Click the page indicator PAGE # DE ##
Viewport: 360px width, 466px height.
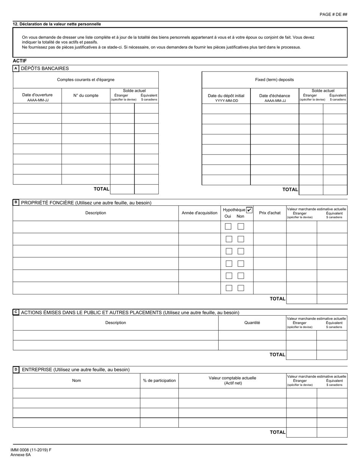pos(333,14)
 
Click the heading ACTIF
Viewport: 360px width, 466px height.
pos(19,61)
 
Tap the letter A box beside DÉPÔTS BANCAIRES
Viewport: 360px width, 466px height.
pos(16,69)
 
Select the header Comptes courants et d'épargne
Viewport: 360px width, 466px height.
pos(86,80)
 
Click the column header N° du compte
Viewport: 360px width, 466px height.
pos(86,95)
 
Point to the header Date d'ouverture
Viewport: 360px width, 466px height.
pos(38,95)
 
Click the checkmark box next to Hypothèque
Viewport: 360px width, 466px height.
pos(249,210)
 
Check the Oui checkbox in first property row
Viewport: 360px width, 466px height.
pos(228,227)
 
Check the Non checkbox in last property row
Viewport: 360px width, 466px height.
pos(241,288)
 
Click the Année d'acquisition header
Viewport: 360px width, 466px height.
pos(199,213)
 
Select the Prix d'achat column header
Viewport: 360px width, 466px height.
pos(269,213)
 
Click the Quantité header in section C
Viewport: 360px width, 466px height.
pos(252,323)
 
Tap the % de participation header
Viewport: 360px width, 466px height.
pos(159,380)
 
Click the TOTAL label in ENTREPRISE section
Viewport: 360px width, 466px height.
pos(277,432)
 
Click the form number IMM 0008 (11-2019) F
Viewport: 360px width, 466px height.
pos(31,450)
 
